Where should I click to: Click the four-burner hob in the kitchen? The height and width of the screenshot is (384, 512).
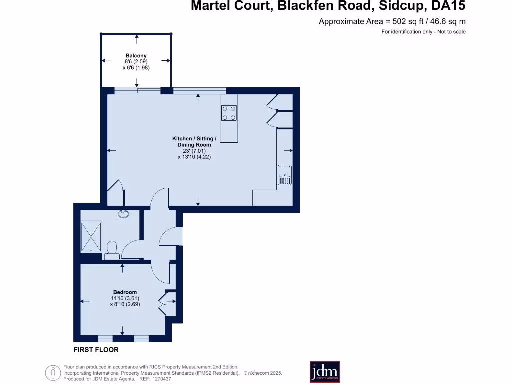click(229, 113)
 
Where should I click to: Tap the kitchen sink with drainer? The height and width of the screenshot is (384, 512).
click(284, 175)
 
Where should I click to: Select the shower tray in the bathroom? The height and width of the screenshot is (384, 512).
click(91, 236)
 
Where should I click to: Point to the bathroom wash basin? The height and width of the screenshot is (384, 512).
click(123, 214)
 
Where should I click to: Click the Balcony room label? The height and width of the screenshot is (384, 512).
click(136, 56)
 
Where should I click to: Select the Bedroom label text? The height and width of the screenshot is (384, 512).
click(125, 292)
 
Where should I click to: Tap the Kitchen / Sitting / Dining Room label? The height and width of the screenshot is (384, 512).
click(194, 141)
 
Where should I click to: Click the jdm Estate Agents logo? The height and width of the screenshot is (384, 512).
click(325, 372)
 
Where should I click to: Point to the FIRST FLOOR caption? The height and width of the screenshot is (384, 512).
click(96, 350)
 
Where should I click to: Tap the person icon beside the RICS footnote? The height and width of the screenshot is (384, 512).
click(52, 372)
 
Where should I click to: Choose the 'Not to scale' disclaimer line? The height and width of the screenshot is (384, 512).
click(423, 32)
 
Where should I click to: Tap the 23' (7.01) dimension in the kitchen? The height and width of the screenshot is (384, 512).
click(194, 151)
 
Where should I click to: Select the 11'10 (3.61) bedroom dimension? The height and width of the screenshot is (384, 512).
click(124, 298)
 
